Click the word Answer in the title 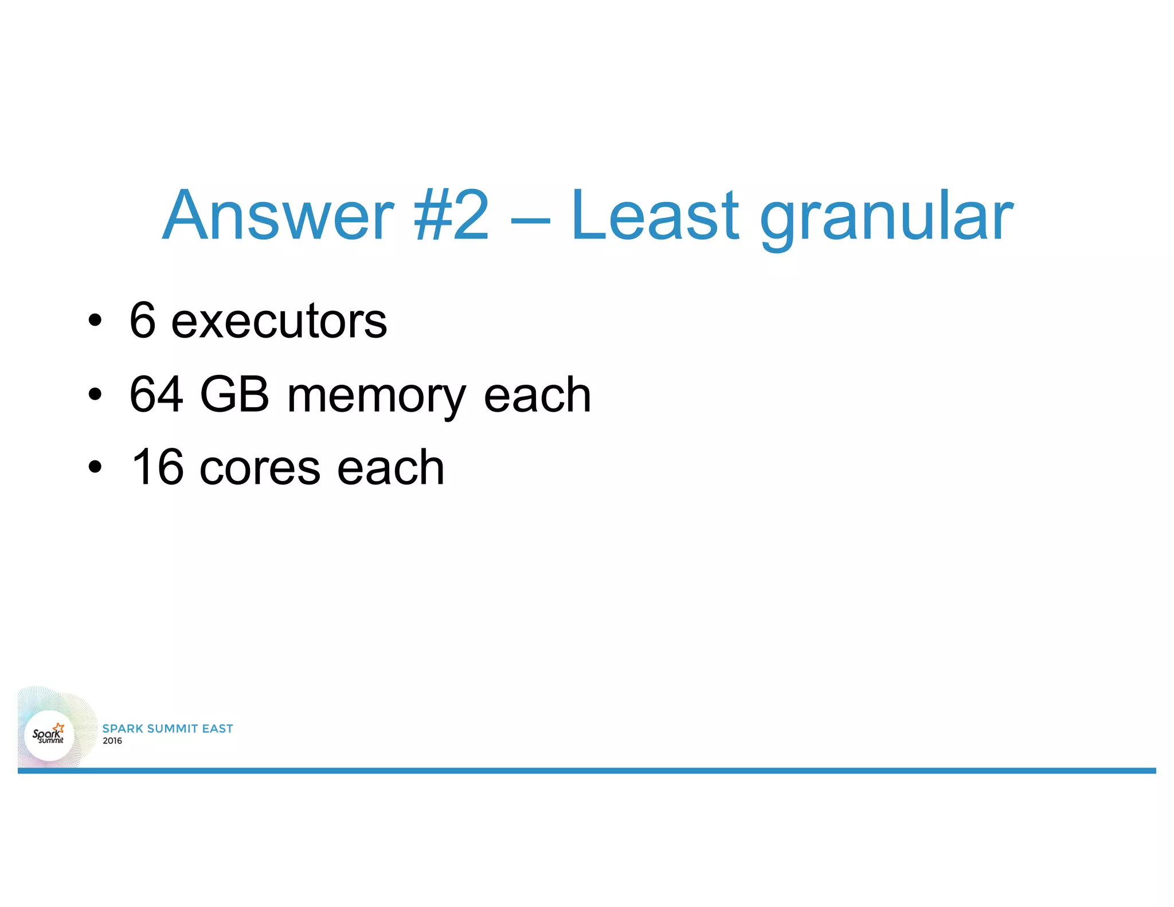click(x=278, y=216)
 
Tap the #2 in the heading click(x=451, y=216)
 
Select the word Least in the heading click(x=655, y=216)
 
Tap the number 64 click(x=156, y=394)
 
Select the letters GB click(x=234, y=394)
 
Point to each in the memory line click(x=537, y=395)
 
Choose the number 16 click(x=158, y=467)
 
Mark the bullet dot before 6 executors click(x=95, y=321)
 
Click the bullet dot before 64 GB click(x=95, y=395)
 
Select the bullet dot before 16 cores click(x=95, y=468)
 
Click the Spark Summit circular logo click(x=49, y=735)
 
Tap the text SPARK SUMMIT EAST click(x=167, y=728)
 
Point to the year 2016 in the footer click(x=112, y=741)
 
